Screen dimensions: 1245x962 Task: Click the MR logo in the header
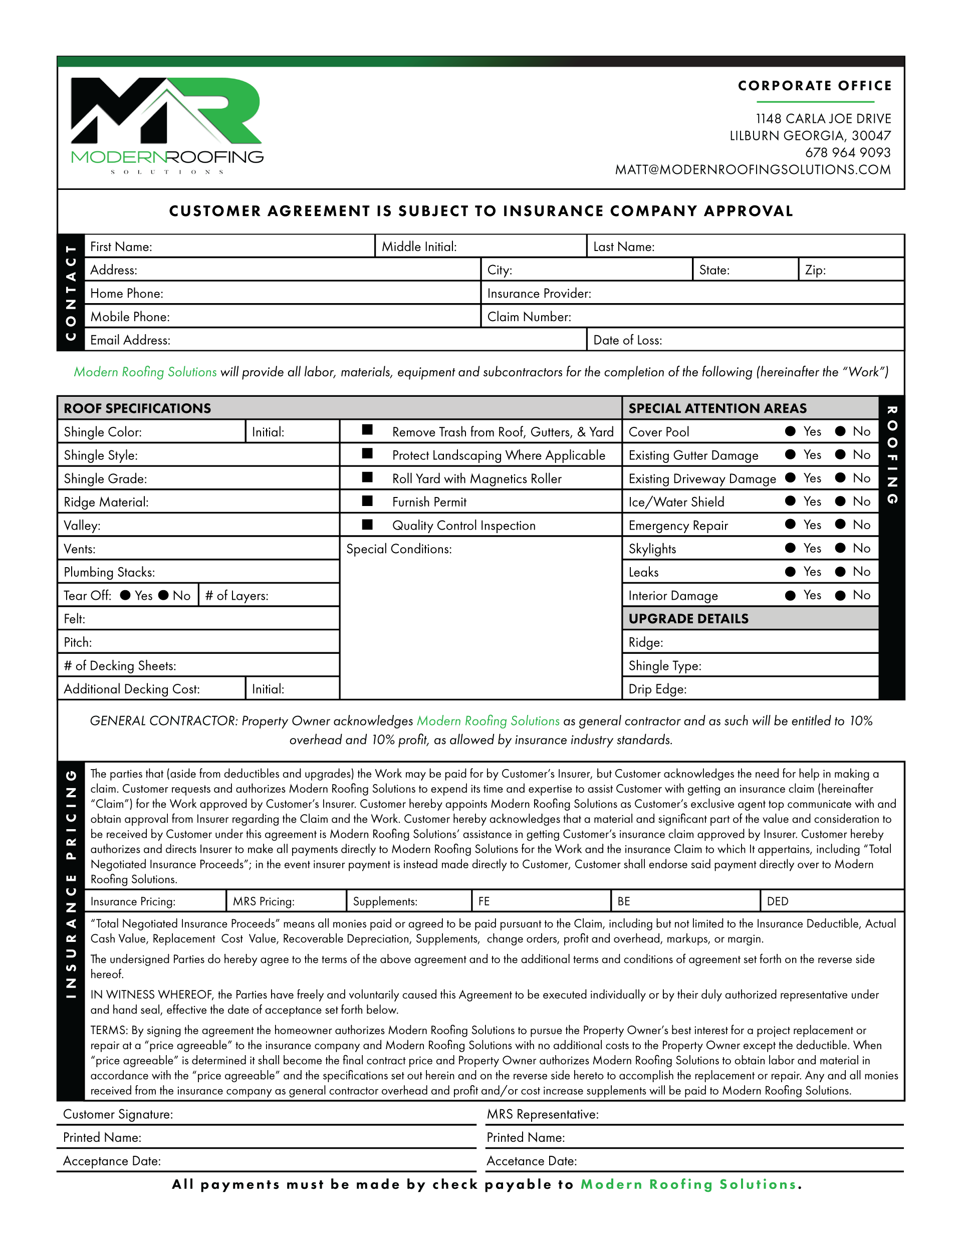pos(165,111)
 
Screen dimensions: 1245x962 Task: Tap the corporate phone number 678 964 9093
pos(847,153)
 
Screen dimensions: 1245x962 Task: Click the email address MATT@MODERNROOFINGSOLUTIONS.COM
pos(752,170)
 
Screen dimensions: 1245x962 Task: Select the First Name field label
pos(121,247)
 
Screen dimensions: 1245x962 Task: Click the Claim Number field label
pos(529,317)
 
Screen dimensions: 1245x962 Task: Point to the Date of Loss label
pos(627,340)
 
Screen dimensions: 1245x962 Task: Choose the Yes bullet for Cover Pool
pos(790,431)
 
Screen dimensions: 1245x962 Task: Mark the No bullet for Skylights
pos(840,549)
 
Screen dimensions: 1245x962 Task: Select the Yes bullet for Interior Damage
pos(790,596)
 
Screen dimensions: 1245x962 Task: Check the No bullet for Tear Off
pos(164,596)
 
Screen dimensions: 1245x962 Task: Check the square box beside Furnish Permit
pos(368,502)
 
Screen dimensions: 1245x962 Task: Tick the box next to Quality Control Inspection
pos(368,525)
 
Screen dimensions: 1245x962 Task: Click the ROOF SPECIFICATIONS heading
pos(137,409)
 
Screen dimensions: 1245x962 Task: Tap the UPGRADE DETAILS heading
pos(688,619)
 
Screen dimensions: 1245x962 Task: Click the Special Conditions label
pos(399,549)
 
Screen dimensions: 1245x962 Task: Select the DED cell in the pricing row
pos(777,901)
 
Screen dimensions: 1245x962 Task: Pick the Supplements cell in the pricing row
pos(385,901)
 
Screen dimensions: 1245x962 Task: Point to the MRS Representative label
pos(542,1114)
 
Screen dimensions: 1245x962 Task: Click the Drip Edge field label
pos(657,689)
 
